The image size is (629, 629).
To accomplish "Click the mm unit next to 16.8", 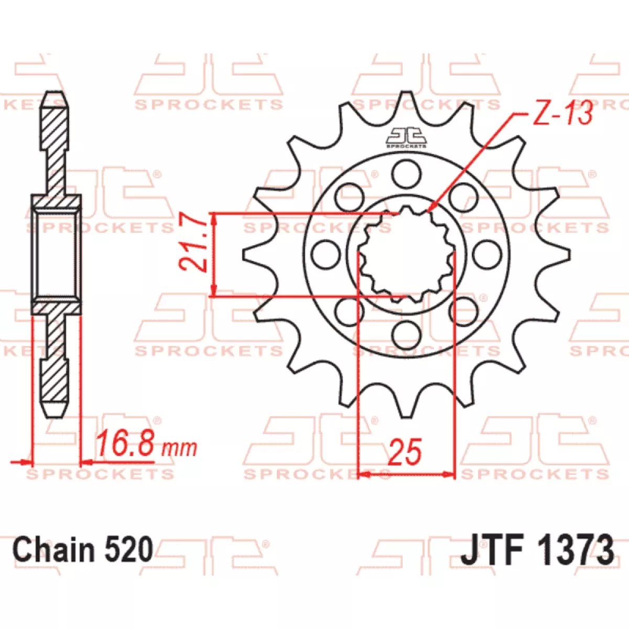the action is click(x=179, y=449).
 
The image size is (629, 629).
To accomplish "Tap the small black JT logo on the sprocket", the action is click(x=406, y=137).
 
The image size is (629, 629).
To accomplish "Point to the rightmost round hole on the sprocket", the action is click(x=486, y=254).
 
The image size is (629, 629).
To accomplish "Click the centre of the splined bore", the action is click(x=406, y=255).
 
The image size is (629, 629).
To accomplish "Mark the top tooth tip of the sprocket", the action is click(x=406, y=92).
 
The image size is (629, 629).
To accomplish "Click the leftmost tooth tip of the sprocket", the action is click(x=244, y=255).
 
